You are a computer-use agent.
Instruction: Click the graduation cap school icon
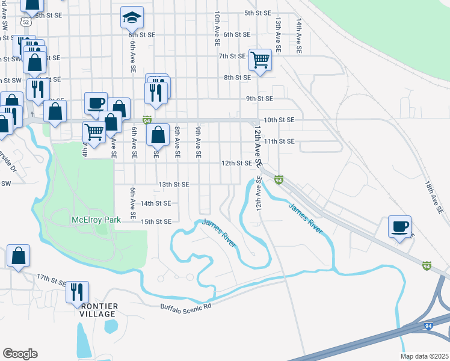tap(132, 17)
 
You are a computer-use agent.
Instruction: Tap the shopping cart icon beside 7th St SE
tap(260, 60)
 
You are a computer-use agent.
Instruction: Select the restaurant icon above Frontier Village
tap(77, 292)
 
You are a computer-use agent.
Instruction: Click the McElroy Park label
tap(96, 219)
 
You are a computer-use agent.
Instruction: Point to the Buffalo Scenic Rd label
tap(186, 306)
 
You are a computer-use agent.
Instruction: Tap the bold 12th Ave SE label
tap(257, 147)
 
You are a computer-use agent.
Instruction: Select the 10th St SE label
tap(279, 120)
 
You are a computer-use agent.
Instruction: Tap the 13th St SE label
tap(173, 184)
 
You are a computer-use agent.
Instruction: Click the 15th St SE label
tap(156, 222)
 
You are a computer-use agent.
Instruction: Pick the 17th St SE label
tap(52, 279)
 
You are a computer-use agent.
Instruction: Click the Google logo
tap(20, 354)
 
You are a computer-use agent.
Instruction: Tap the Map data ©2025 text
tap(424, 356)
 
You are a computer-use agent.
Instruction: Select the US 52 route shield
tap(24, 22)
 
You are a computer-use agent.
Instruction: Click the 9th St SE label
tap(259, 99)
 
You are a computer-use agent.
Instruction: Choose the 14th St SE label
tap(156, 204)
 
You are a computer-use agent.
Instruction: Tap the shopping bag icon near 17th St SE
tap(19, 255)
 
